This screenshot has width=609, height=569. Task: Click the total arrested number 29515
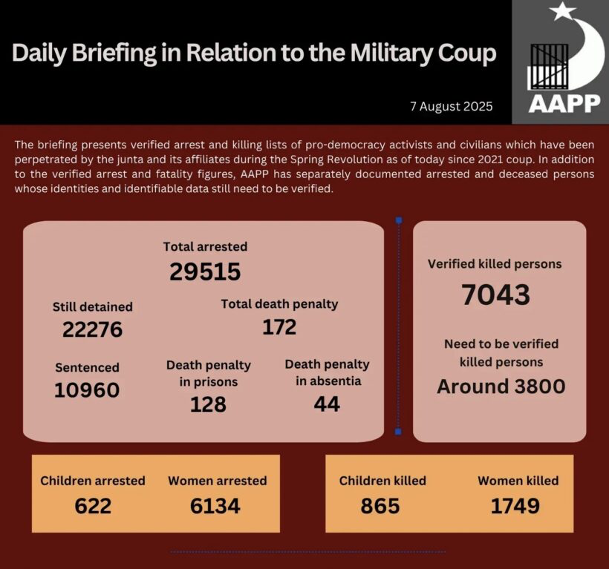(x=205, y=272)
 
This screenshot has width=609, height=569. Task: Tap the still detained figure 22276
(x=92, y=329)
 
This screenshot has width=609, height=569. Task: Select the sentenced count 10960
(x=87, y=389)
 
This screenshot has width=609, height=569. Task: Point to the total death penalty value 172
(x=279, y=327)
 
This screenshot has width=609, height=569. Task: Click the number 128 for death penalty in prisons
(x=208, y=404)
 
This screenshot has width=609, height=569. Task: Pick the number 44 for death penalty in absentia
(x=327, y=404)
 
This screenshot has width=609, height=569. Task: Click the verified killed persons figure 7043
(x=495, y=295)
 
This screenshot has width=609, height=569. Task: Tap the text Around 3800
(x=501, y=387)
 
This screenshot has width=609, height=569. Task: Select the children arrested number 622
(x=93, y=506)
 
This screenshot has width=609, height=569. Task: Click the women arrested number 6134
(x=215, y=506)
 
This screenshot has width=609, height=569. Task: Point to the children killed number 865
(x=380, y=506)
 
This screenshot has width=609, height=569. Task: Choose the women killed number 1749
(x=515, y=506)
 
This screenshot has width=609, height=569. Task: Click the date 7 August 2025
(x=451, y=106)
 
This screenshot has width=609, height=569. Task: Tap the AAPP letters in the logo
(x=564, y=103)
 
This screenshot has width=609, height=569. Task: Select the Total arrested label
(x=205, y=246)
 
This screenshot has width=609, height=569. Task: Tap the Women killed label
(x=518, y=481)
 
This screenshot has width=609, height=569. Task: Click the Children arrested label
(x=93, y=481)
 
